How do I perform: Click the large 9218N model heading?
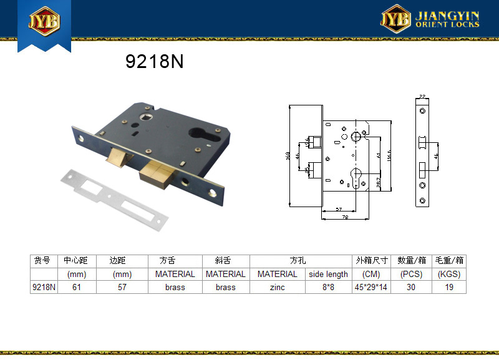(154, 62)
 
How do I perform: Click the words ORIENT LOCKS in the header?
(447, 24)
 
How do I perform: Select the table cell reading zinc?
(277, 288)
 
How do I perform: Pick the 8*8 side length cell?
(327, 288)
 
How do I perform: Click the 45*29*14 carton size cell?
(371, 288)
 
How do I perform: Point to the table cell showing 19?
(449, 288)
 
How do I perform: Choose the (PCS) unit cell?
(412, 274)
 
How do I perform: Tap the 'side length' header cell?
(327, 274)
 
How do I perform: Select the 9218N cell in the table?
(44, 288)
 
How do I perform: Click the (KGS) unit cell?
(449, 274)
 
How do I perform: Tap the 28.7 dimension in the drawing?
(378, 182)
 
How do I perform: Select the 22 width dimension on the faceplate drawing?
(422, 97)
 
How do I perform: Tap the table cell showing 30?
(412, 288)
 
